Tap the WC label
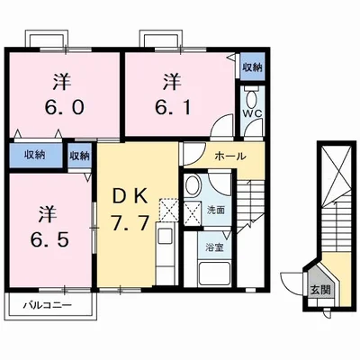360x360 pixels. (251, 115)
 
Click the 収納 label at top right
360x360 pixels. (252, 67)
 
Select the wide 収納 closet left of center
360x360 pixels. (35, 155)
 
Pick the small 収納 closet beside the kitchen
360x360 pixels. (80, 155)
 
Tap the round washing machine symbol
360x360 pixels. (191, 187)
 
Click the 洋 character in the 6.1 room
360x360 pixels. (170, 81)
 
